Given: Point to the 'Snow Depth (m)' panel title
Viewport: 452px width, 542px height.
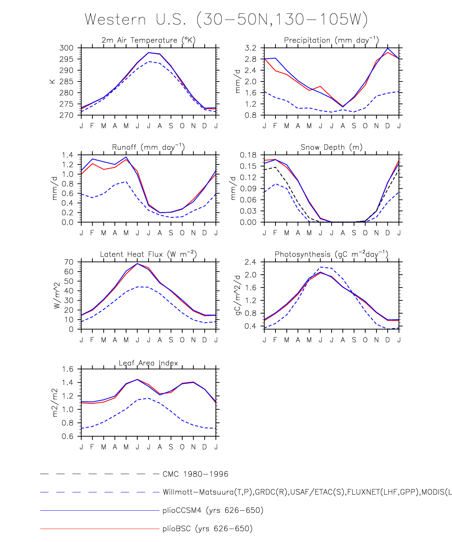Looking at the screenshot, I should coord(331,147).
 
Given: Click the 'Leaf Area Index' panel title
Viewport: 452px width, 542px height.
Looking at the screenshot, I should coord(148,363).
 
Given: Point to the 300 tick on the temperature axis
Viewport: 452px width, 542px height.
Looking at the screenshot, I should coord(66,48).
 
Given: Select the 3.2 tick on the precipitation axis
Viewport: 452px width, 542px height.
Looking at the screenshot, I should coord(250,48).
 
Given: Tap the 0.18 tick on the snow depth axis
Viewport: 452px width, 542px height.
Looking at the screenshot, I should coord(248,155).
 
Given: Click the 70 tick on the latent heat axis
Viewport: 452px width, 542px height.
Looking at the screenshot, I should coord(69,262).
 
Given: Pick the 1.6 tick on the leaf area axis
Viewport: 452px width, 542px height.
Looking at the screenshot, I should coord(67,369).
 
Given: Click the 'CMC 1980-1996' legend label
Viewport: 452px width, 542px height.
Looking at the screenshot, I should coord(195,474).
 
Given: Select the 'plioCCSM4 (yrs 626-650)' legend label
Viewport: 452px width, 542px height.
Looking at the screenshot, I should coord(213,511).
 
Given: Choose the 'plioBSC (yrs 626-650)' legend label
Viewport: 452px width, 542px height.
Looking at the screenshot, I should coord(208,529).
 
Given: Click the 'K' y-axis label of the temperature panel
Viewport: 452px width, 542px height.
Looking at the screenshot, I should coord(52,81).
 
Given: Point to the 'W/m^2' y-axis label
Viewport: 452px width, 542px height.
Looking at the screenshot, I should coord(56,295).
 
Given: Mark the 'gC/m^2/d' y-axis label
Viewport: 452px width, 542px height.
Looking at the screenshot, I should coord(238,295).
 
